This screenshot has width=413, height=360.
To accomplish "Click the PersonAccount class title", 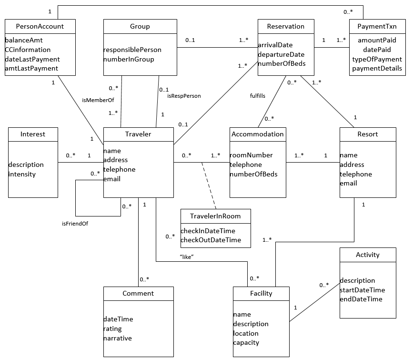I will click(40, 27).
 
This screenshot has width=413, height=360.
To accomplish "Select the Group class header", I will click(140, 27).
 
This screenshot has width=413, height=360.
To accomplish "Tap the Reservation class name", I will click(286, 27).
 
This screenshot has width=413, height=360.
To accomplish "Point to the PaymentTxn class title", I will click(377, 27).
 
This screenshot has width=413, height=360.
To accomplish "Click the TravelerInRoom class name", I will click(215, 216).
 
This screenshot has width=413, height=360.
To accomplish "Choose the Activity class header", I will click(368, 255).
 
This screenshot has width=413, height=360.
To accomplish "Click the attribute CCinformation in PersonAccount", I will click(28, 50).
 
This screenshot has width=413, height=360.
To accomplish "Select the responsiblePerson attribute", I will click(132, 50).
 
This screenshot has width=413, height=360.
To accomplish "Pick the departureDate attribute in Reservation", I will click(281, 54).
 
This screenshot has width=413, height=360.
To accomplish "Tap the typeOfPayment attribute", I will click(377, 59).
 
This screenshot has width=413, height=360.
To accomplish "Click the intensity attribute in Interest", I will click(22, 174).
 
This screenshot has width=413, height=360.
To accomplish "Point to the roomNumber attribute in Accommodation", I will click(251, 155).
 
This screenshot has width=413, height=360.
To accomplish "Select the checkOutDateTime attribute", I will click(211, 240).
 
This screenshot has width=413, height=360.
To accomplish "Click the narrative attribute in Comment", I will click(118, 338).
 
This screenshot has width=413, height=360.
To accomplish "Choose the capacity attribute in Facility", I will click(246, 342).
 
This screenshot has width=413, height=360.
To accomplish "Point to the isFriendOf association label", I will click(75, 223).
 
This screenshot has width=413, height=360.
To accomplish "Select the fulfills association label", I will click(258, 96).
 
